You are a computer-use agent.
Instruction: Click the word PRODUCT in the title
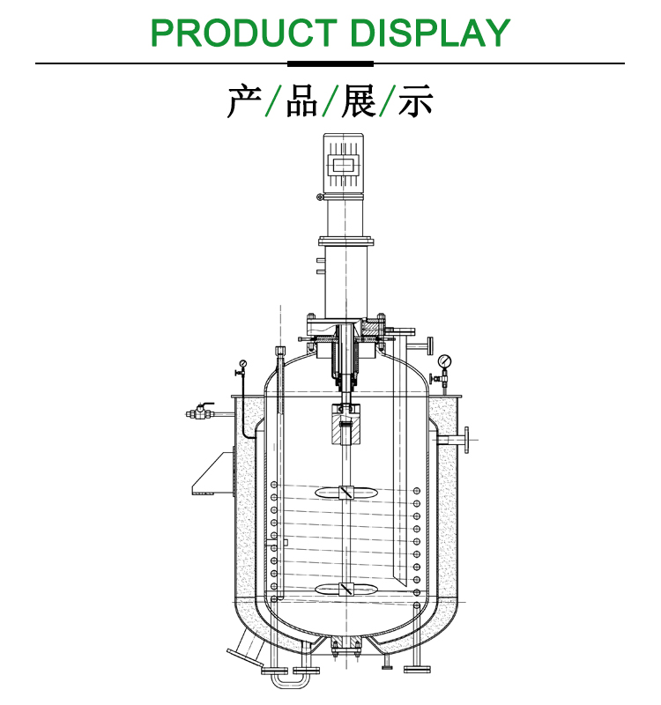click(244, 33)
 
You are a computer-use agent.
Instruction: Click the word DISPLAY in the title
click(430, 33)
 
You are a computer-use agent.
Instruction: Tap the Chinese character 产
click(244, 101)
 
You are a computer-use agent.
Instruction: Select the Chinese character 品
click(301, 101)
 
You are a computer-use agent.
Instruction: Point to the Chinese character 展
click(359, 101)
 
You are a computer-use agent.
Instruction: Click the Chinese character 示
click(415, 101)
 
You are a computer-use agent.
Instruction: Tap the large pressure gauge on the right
click(444, 360)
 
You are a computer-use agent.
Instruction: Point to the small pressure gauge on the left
click(243, 363)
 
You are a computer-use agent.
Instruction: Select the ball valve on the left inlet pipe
click(201, 412)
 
